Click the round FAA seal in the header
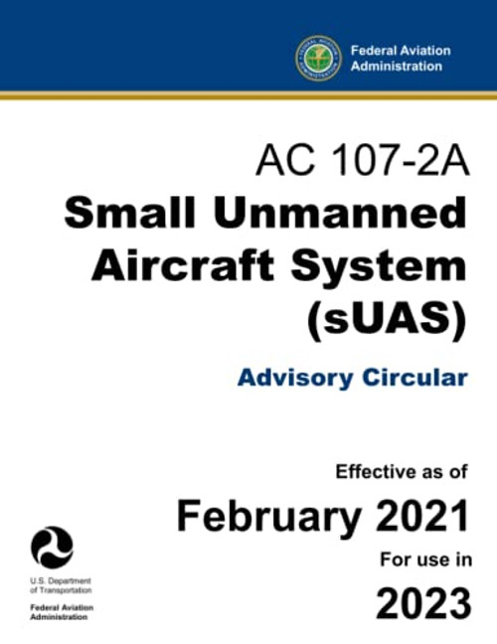click(x=318, y=58)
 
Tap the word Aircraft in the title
click(x=175, y=265)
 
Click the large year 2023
click(x=421, y=602)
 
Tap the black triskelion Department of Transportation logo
click(x=52, y=548)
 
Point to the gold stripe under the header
click(x=248, y=95)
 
